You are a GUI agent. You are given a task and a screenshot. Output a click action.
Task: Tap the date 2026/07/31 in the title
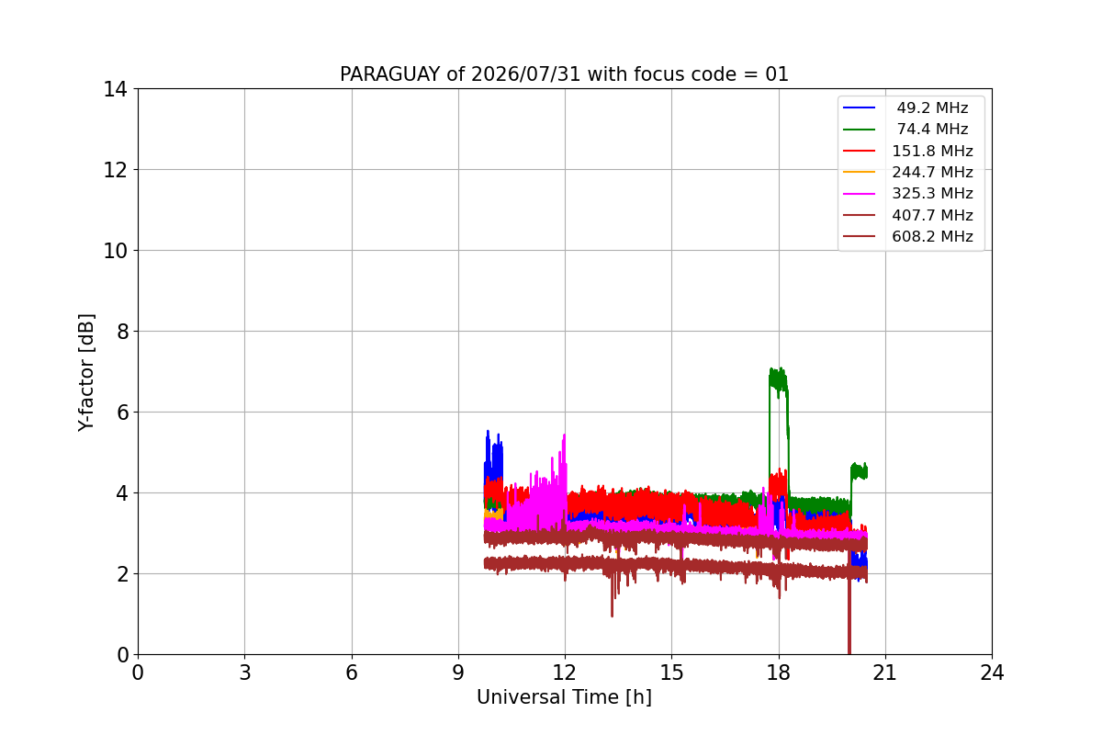pyautogui.click(x=525, y=74)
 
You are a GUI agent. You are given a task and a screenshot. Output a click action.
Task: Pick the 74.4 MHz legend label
pyautogui.click(x=932, y=129)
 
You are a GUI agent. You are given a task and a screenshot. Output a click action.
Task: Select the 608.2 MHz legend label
pyautogui.click(x=932, y=236)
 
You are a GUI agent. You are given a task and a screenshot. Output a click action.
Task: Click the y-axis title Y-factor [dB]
pyautogui.click(x=86, y=373)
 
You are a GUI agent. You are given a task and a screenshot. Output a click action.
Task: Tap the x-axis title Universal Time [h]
pyautogui.click(x=564, y=697)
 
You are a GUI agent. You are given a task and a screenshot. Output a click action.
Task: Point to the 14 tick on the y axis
pyautogui.click(x=115, y=89)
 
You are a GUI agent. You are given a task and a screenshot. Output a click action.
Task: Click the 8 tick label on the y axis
pyautogui.click(x=122, y=332)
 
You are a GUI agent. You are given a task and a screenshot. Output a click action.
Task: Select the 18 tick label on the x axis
pyautogui.click(x=779, y=673)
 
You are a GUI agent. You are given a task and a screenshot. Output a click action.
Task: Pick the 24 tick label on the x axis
pyautogui.click(x=992, y=673)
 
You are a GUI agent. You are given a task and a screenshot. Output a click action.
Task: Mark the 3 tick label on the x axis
pyautogui.click(x=245, y=673)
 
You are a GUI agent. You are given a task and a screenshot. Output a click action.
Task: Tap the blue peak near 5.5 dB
pyautogui.click(x=488, y=432)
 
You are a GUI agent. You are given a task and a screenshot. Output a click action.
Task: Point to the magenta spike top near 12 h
pyautogui.click(x=564, y=435)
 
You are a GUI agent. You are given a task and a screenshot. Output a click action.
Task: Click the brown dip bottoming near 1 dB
pyautogui.click(x=612, y=616)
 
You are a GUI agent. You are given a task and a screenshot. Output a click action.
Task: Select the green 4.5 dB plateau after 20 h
pyautogui.click(x=859, y=471)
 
